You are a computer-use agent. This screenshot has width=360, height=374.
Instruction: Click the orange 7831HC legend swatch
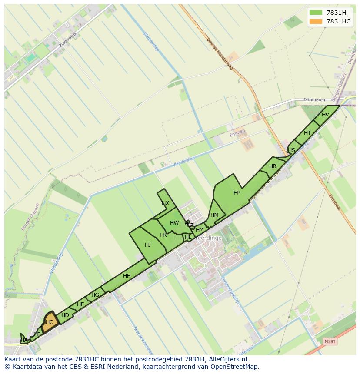(x=316, y=21)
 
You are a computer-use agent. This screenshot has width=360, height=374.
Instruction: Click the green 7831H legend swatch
(x=316, y=12)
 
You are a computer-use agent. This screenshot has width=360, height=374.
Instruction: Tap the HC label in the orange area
(x=49, y=322)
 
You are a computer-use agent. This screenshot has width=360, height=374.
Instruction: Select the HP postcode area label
(x=237, y=193)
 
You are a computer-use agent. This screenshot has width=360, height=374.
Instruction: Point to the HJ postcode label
(x=148, y=245)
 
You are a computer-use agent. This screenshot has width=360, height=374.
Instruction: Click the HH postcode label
(x=127, y=276)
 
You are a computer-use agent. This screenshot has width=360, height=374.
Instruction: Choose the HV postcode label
(x=325, y=115)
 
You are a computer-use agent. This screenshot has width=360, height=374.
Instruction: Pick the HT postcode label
(x=307, y=133)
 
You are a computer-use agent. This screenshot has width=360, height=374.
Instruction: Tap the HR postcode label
(x=273, y=166)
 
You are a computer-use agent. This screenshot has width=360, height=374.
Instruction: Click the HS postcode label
(x=291, y=150)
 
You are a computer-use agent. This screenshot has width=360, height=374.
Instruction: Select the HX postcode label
(x=165, y=203)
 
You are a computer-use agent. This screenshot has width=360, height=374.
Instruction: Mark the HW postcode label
(x=174, y=223)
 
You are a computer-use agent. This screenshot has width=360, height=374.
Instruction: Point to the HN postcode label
(x=214, y=215)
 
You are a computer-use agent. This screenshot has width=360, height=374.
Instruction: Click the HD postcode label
(x=65, y=315)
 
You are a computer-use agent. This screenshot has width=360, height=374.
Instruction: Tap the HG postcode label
(x=95, y=295)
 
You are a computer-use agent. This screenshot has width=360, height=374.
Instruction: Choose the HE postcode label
(x=80, y=304)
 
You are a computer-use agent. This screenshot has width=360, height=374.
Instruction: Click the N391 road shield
(x=330, y=342)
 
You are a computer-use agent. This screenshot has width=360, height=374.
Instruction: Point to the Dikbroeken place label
(x=314, y=100)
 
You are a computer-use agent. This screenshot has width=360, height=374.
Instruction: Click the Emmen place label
(x=238, y=131)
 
